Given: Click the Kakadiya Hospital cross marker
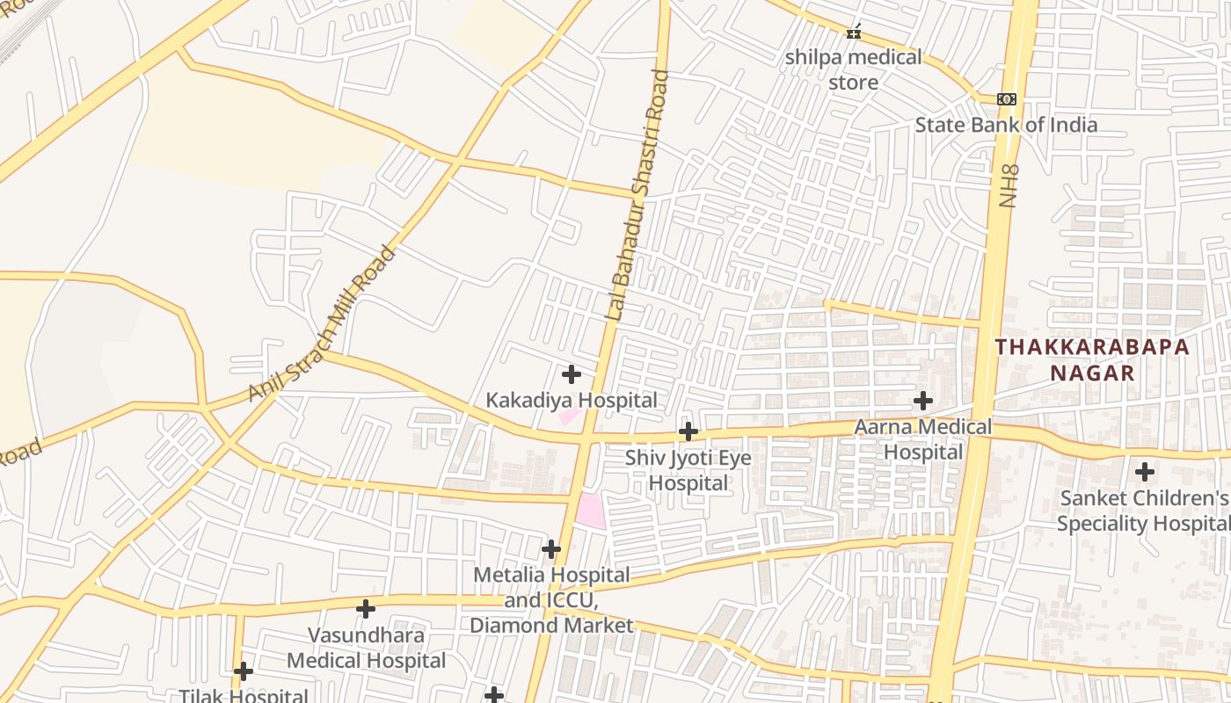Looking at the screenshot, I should [x=572, y=374].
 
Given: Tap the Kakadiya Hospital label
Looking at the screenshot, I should [x=572, y=401].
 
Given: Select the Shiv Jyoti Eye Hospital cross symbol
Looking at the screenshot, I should [x=688, y=431].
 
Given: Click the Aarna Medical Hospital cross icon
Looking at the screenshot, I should [x=923, y=402].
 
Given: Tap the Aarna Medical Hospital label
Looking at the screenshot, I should [x=923, y=439].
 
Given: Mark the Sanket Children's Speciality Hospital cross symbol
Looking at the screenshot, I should [x=1145, y=472].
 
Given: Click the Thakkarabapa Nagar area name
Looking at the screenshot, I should [x=1092, y=359].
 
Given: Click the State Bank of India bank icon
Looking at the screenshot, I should [x=1007, y=99].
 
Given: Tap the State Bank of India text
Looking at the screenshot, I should [x=1006, y=125].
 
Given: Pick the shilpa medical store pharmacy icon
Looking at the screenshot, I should [x=853, y=33].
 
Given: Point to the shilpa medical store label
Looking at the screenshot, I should [x=853, y=69].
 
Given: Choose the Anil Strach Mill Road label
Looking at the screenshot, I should [x=323, y=324].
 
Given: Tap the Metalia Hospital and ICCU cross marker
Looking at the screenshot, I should [x=551, y=549].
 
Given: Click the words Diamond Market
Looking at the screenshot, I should [x=551, y=626].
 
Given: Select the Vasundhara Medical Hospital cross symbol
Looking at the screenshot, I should [x=366, y=608].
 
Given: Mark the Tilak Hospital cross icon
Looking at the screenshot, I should [x=244, y=671].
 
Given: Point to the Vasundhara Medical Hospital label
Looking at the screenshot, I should [x=366, y=648].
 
